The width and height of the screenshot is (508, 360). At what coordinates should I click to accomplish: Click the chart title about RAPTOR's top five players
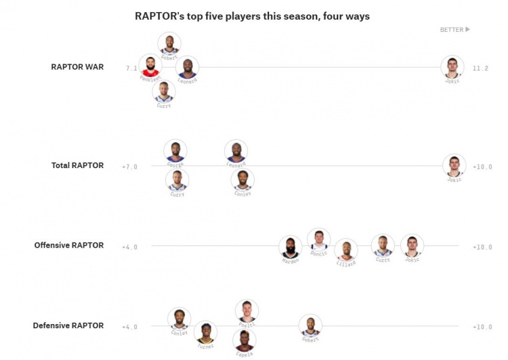[x=252, y=16]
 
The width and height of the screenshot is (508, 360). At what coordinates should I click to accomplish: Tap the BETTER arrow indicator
[x=454, y=30]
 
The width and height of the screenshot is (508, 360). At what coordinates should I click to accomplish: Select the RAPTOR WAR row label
[x=77, y=67]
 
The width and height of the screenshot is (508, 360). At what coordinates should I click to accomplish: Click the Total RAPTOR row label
[x=77, y=165]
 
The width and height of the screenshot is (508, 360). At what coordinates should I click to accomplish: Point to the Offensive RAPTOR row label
[x=69, y=245]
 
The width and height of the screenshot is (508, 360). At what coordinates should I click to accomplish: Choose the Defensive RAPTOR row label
[x=68, y=325]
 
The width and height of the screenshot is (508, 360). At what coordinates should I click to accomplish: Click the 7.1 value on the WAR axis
[x=131, y=68]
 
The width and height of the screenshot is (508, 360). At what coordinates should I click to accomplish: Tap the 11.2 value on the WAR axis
[x=480, y=68]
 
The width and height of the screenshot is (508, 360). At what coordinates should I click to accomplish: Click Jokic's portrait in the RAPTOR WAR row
[x=452, y=67]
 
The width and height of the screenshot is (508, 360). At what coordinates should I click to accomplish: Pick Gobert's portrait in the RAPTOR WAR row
[x=169, y=44]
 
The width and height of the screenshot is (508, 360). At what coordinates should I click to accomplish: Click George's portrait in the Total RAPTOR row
[x=175, y=151]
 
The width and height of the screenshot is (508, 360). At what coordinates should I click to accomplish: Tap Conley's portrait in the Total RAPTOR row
[x=242, y=180]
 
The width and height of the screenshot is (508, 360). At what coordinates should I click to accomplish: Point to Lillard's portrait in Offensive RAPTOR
[x=345, y=251]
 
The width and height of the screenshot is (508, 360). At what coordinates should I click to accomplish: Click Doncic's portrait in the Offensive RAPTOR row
[x=318, y=240]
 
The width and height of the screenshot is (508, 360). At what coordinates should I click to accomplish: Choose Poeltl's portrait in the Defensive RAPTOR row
[x=247, y=311]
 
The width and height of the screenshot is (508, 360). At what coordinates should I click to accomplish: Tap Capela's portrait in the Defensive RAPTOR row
[x=244, y=340]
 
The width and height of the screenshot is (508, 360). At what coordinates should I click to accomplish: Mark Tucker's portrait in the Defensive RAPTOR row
[x=205, y=333]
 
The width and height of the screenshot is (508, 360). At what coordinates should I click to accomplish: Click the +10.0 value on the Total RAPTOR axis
[x=482, y=167]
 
